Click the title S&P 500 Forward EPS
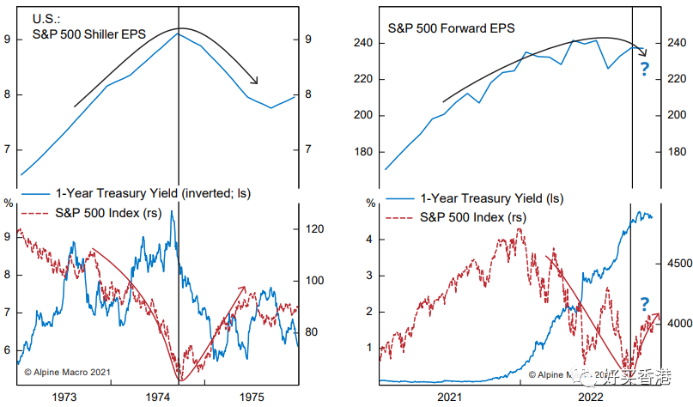point(451,28)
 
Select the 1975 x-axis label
point(252,398)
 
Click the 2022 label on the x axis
point(591,398)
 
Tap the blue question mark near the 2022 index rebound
point(644,303)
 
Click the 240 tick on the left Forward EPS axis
point(363,43)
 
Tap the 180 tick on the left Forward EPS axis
point(363,152)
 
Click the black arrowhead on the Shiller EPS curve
point(255,82)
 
